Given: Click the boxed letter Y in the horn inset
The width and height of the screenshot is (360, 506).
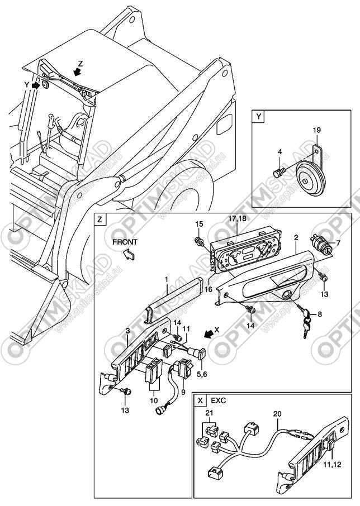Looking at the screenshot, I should pos(258,117).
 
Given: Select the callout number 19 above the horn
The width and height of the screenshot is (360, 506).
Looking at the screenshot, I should pos(316,131).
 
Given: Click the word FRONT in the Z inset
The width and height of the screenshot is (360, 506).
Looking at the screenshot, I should pos(124,242).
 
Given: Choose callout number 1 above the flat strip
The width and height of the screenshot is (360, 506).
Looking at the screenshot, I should pos(166,279).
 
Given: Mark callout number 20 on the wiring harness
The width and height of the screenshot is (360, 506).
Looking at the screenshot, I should pos(278,414).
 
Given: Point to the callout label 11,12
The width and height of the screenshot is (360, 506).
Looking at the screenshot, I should pos(335,464).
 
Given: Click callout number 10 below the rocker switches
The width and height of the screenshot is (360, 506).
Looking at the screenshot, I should pos(152,399).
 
